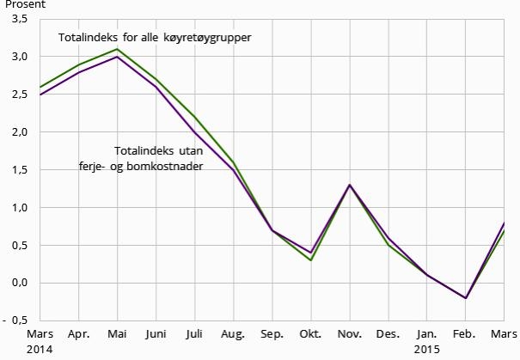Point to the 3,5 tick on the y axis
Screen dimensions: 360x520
(x=19, y=19)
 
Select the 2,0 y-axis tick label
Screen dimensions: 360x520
(x=19, y=132)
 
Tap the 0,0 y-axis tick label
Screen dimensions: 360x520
(x=19, y=283)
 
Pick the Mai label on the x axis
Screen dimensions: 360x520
(x=117, y=334)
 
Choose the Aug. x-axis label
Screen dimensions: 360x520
(x=233, y=334)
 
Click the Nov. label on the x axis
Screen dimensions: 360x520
(x=349, y=334)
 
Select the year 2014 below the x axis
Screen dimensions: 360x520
(x=40, y=350)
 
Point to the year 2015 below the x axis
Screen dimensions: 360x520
(x=427, y=350)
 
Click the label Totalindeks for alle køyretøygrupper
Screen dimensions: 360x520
(x=155, y=39)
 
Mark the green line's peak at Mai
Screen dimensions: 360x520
(x=117, y=49)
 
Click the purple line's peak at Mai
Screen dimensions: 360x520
(x=117, y=57)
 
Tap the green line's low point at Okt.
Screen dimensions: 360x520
(x=310, y=260)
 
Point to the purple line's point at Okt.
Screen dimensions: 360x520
(x=310, y=253)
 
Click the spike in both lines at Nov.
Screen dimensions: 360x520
(x=349, y=185)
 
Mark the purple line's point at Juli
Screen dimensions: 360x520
(x=194, y=132)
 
